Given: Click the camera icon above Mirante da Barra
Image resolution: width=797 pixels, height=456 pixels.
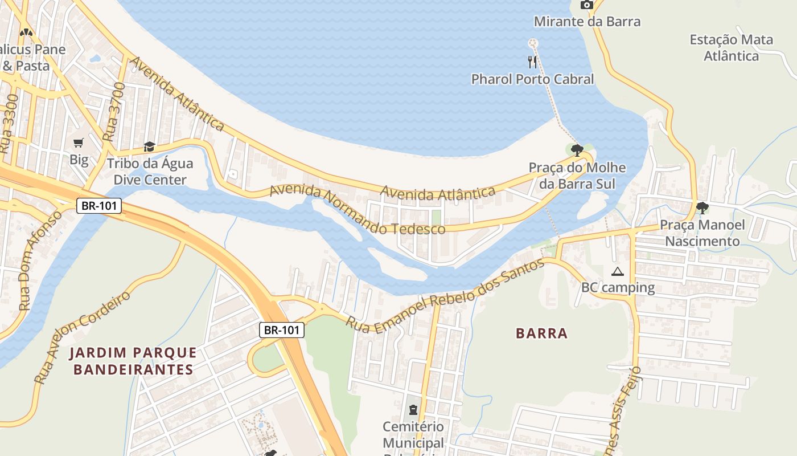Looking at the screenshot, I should pyautogui.click(x=586, y=5).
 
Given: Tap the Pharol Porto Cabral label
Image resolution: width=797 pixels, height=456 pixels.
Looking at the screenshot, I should pyautogui.click(x=532, y=79).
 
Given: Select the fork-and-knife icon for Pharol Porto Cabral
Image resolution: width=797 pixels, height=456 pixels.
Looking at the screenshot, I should pyautogui.click(x=532, y=62).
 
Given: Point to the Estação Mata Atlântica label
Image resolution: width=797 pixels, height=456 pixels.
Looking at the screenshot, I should pyautogui.click(x=732, y=48).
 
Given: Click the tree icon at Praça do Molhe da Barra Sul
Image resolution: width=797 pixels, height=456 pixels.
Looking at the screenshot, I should pyautogui.click(x=577, y=150).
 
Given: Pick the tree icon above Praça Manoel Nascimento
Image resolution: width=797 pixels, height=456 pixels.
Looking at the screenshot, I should pyautogui.click(x=702, y=208).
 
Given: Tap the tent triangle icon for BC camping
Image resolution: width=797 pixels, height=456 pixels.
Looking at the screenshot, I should pyautogui.click(x=618, y=272).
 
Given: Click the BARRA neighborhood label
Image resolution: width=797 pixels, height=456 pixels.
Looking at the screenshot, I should pyautogui.click(x=541, y=333).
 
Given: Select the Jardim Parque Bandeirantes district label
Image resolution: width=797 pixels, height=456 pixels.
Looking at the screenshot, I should pyautogui.click(x=133, y=361).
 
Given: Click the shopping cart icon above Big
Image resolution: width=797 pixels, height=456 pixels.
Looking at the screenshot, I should pyautogui.click(x=79, y=142).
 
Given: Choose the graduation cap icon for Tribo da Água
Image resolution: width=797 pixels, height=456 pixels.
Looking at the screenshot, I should pyautogui.click(x=149, y=147).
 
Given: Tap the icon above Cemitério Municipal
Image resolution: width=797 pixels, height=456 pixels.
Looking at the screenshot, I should pyautogui.click(x=413, y=409).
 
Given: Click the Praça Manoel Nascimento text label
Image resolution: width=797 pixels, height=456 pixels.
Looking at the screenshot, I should pyautogui.click(x=702, y=233).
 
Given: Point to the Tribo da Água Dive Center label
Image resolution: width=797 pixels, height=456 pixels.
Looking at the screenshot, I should pyautogui.click(x=150, y=172).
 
